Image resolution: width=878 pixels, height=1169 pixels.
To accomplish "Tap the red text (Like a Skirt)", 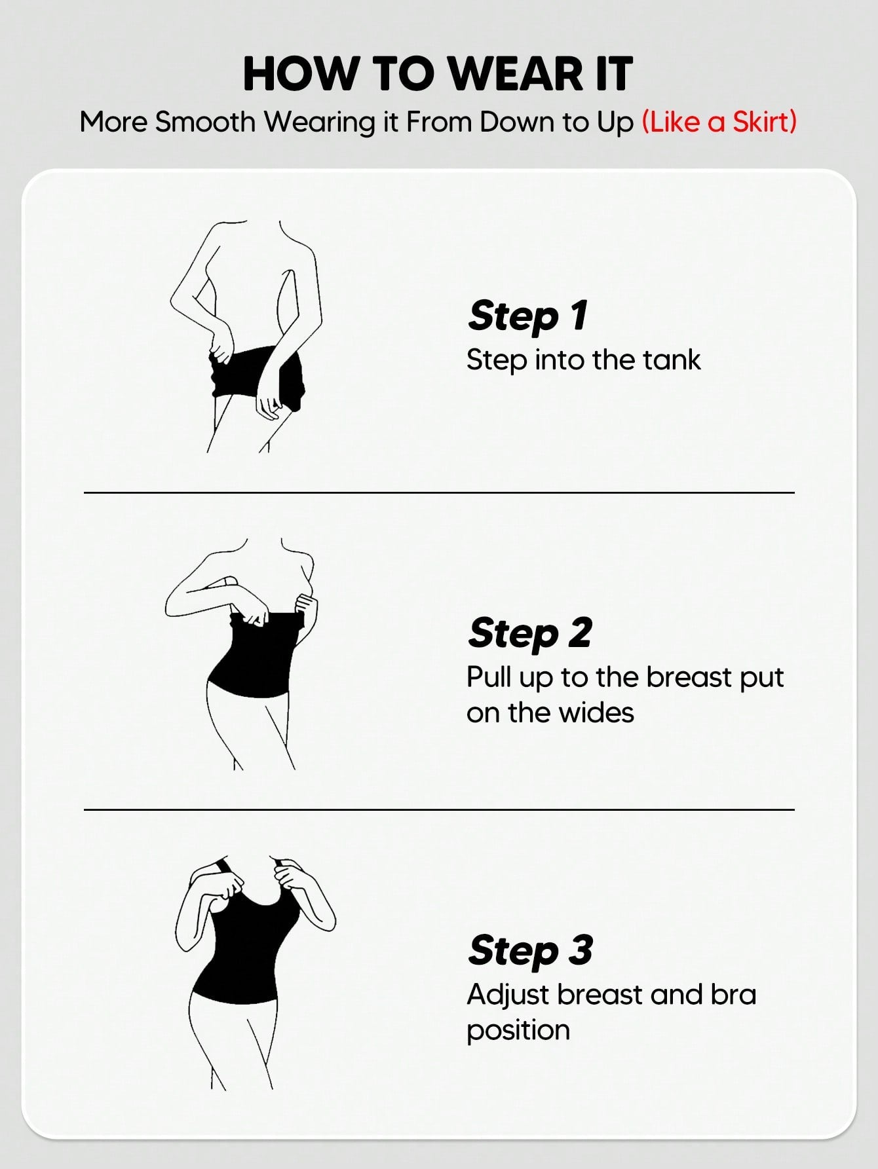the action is point(719,122).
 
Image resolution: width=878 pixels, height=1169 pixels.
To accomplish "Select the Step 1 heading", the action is point(528,316).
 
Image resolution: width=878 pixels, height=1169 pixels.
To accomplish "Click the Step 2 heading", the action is point(530,633).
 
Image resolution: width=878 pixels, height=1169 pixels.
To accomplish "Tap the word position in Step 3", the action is point(518,1031).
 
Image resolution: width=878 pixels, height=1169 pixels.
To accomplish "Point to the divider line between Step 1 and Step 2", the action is point(439,492).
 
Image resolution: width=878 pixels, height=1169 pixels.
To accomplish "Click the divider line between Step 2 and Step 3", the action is point(439,810).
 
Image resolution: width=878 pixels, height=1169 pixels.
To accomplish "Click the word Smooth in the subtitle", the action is point(205,122).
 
